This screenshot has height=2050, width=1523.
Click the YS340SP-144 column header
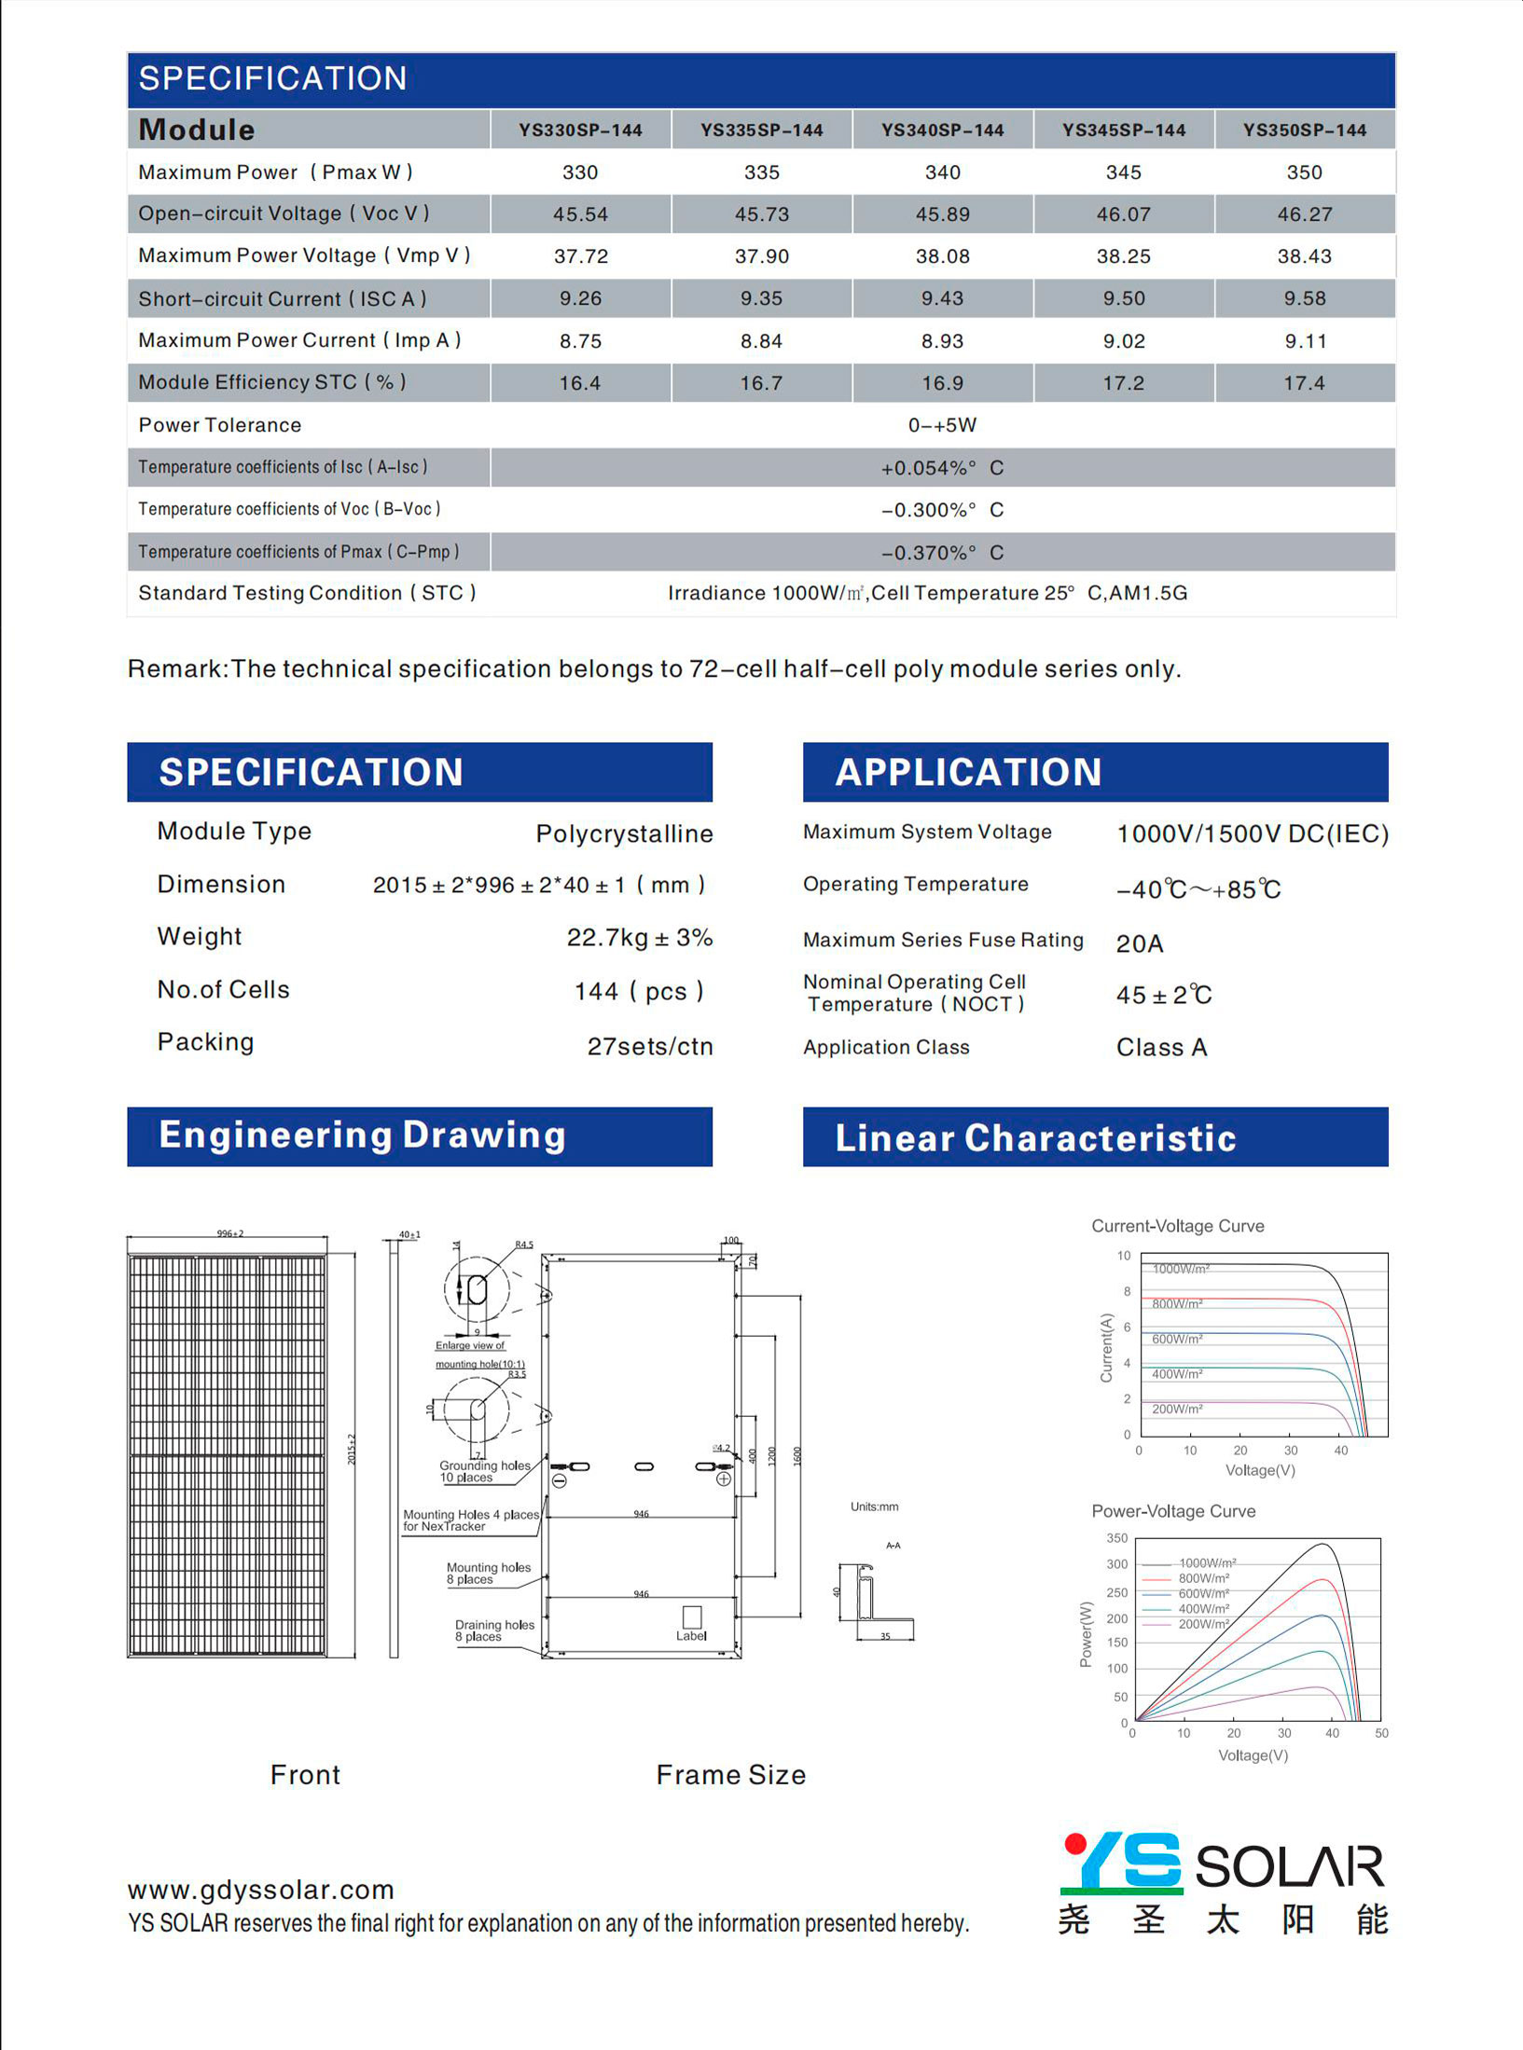click(x=942, y=131)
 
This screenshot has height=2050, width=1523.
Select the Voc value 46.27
click(x=1304, y=214)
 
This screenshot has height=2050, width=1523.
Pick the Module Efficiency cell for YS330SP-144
click(x=579, y=383)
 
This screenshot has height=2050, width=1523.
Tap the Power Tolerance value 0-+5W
click(x=942, y=425)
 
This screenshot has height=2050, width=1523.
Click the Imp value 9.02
click(x=1123, y=341)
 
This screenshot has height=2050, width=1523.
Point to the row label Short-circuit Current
click(x=282, y=299)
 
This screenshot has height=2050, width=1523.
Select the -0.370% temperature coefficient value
click(x=942, y=553)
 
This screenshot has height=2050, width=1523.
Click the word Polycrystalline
click(x=624, y=833)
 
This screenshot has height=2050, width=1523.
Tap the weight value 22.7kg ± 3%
click(x=639, y=937)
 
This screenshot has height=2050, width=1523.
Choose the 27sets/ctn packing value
click(x=649, y=1046)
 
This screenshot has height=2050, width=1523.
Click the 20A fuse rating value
click(x=1139, y=943)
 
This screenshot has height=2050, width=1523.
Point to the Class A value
click(x=1161, y=1047)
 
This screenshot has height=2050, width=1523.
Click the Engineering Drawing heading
click(x=362, y=1135)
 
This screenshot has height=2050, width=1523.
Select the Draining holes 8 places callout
click(x=493, y=1630)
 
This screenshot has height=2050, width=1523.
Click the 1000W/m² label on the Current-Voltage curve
click(x=1181, y=1269)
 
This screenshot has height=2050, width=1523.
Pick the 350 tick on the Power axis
click(x=1116, y=1538)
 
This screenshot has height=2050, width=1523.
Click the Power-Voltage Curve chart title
click(x=1173, y=1511)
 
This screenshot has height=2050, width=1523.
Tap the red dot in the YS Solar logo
click(x=1074, y=1844)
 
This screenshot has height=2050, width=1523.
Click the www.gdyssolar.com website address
click(x=261, y=1890)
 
